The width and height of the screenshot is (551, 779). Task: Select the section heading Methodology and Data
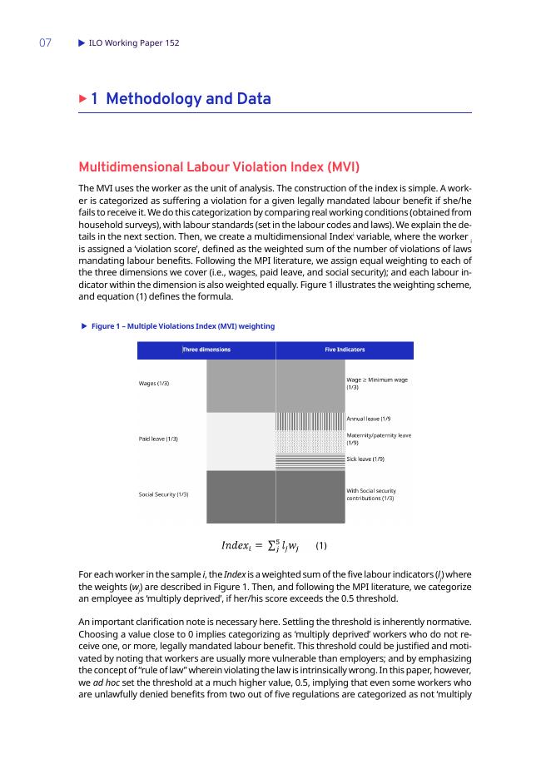(x=189, y=100)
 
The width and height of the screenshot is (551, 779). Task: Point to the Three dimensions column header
(x=206, y=350)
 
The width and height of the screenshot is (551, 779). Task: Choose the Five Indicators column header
(x=344, y=350)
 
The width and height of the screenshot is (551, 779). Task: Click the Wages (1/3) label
(x=156, y=384)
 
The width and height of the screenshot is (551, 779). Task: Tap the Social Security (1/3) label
(x=163, y=494)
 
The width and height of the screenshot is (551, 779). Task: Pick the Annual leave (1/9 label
(x=369, y=418)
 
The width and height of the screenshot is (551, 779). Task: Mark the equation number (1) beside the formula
(x=322, y=547)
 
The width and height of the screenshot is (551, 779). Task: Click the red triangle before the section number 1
(x=82, y=99)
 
